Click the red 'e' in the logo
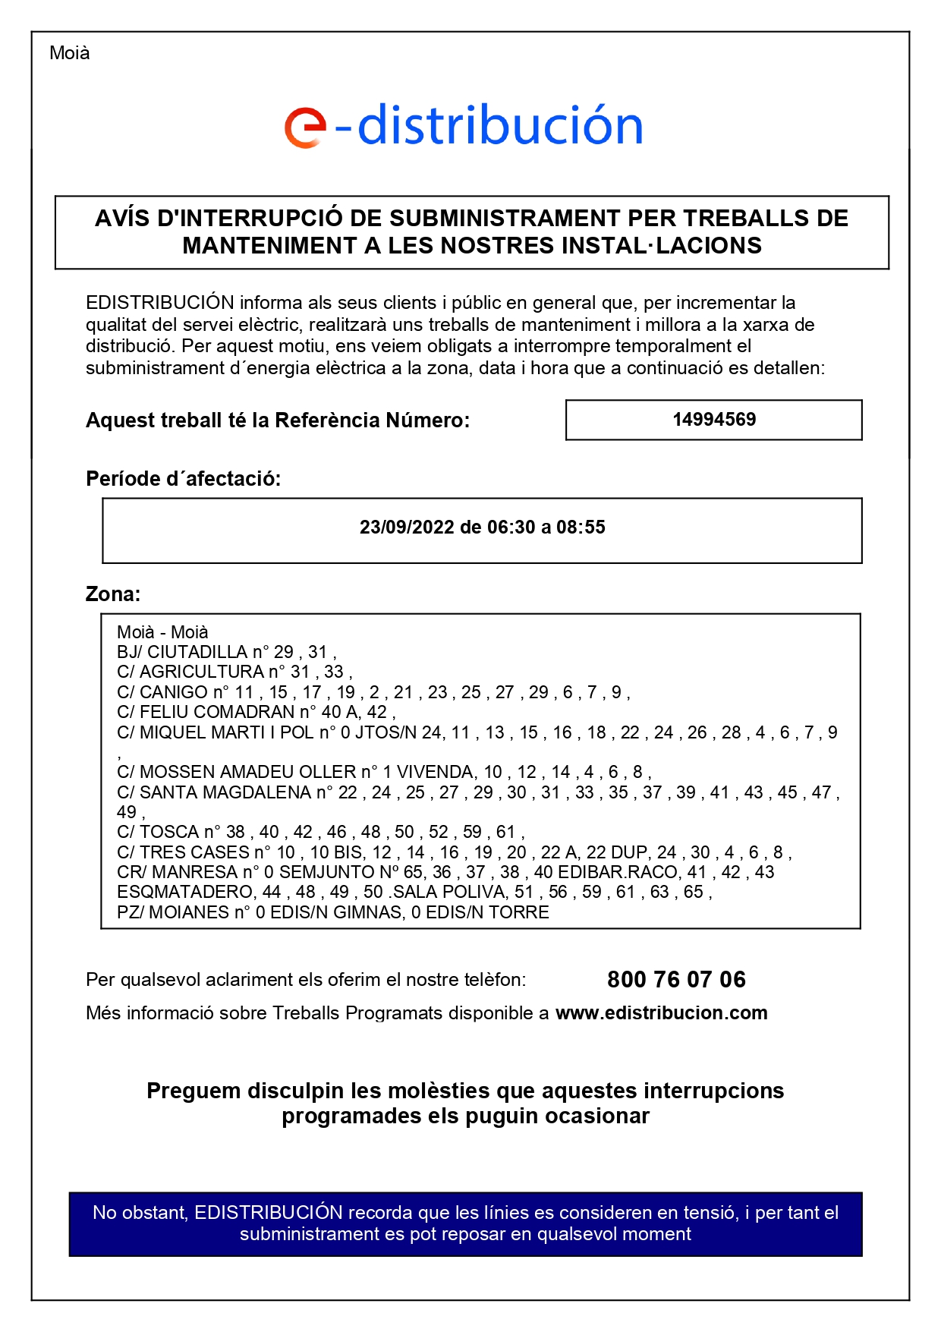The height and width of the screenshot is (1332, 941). click(x=305, y=128)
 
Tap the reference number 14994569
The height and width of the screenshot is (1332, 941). click(x=714, y=420)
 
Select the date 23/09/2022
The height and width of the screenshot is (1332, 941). click(x=407, y=527)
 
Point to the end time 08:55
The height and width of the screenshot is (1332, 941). click(x=581, y=527)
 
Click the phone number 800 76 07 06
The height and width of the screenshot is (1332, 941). click(x=676, y=980)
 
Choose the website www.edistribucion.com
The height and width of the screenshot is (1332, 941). click(x=662, y=1013)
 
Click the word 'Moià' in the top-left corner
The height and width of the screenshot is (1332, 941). click(x=70, y=53)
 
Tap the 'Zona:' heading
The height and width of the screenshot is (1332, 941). click(x=113, y=594)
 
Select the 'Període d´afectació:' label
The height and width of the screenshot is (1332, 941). click(x=183, y=479)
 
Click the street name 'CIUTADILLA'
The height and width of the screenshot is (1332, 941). click(x=197, y=652)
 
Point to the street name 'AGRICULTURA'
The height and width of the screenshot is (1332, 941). click(x=202, y=672)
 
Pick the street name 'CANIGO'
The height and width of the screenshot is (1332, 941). click(x=173, y=692)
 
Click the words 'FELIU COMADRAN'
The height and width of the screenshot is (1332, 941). click(x=217, y=712)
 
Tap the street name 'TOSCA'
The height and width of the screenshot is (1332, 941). click(x=169, y=832)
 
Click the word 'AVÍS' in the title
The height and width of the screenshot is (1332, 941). click(x=122, y=219)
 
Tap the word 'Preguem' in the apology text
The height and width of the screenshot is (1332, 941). click(x=193, y=1091)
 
